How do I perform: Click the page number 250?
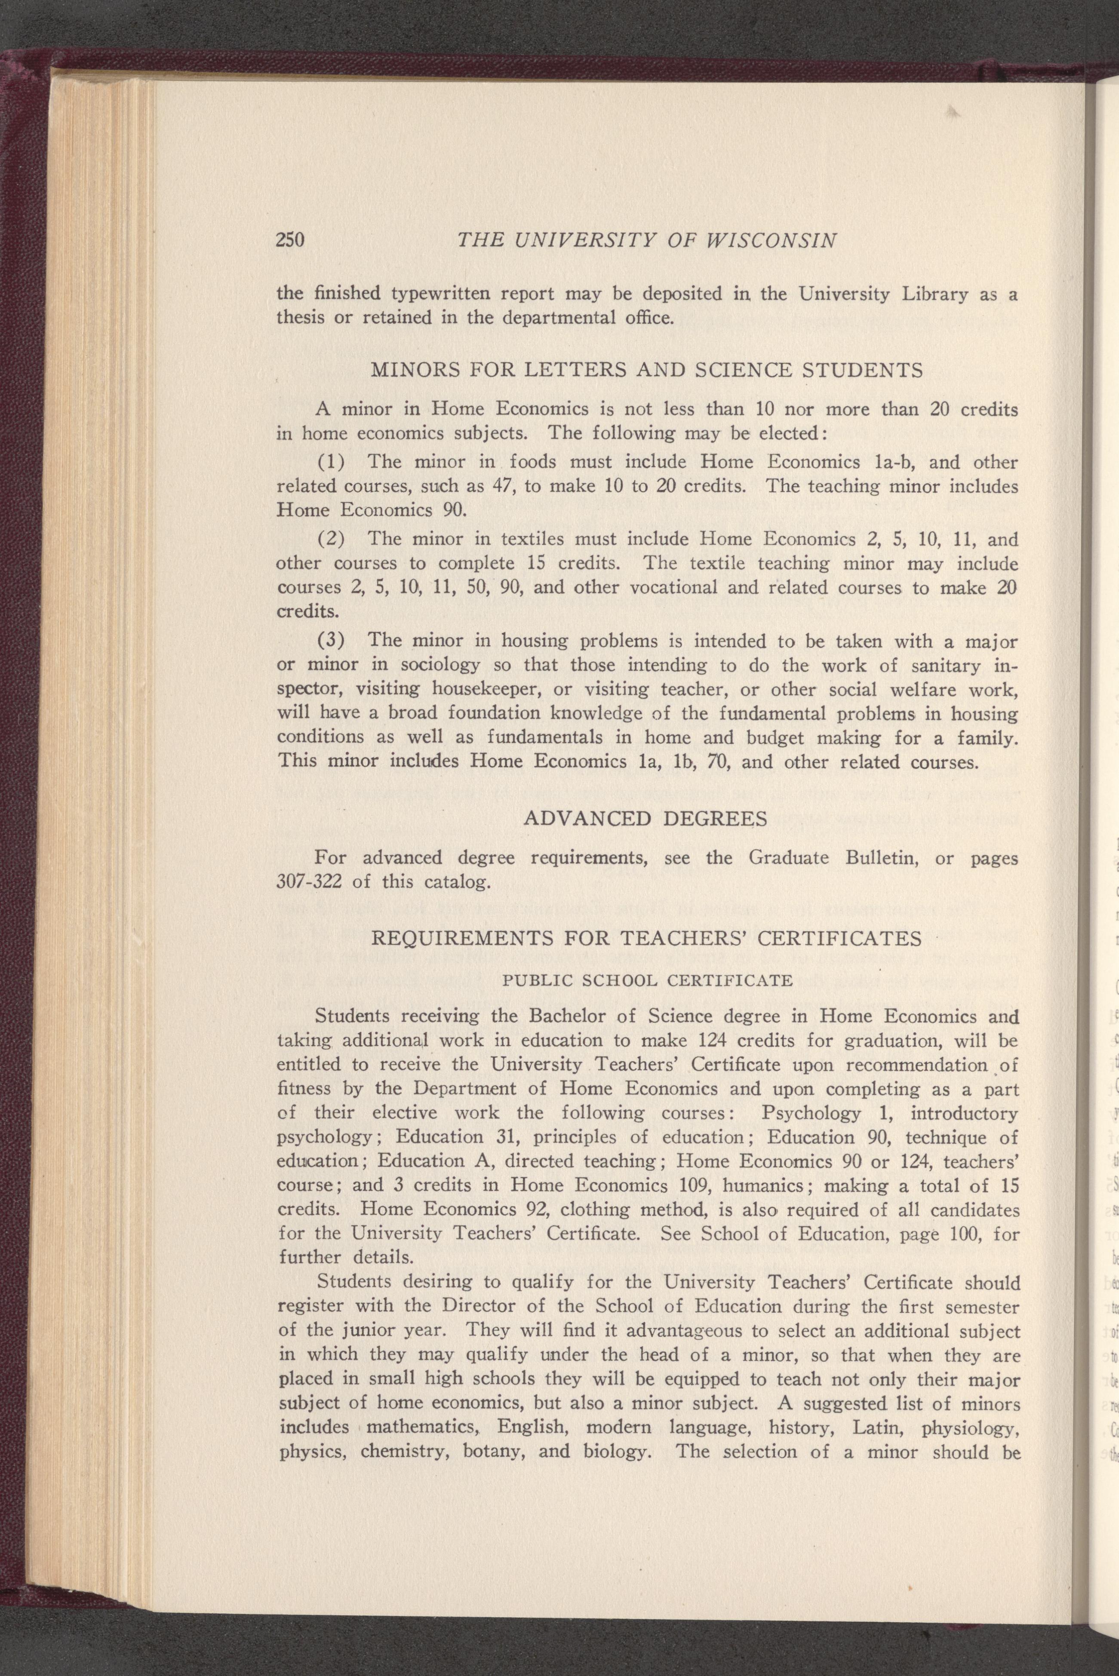pyautogui.click(x=290, y=240)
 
